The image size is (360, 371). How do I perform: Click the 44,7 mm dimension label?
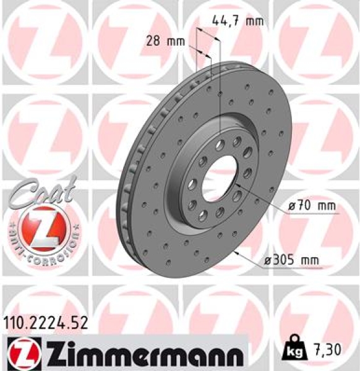(x=238, y=21)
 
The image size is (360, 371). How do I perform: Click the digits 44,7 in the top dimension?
(x=226, y=21)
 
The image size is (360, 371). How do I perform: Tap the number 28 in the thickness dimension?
(x=154, y=42)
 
